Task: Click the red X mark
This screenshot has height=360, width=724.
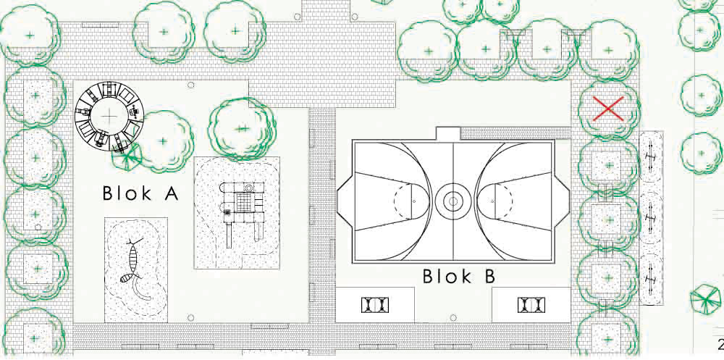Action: coord(608,109)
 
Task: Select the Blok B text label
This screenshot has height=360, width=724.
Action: coord(458,277)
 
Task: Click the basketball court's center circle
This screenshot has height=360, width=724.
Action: coord(453,201)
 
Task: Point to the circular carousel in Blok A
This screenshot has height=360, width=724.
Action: coord(111,115)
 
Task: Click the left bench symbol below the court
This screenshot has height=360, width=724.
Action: coord(375,305)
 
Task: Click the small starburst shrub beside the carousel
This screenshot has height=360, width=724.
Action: coord(129,154)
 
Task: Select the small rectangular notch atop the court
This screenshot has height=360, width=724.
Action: coord(449,134)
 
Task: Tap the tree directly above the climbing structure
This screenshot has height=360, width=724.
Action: coord(242,128)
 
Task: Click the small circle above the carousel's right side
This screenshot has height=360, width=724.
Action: coord(191,85)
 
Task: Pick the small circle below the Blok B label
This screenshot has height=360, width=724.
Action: coord(453,317)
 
